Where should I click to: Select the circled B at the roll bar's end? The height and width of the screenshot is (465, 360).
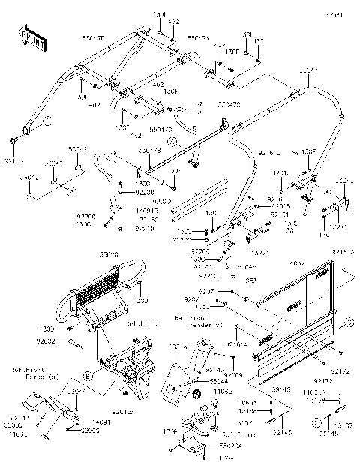[46, 119]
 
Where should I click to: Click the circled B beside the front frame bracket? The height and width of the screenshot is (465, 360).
[87, 374]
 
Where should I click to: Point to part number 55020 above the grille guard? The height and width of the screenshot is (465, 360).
[109, 254]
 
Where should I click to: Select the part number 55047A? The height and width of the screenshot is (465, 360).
[199, 37]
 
